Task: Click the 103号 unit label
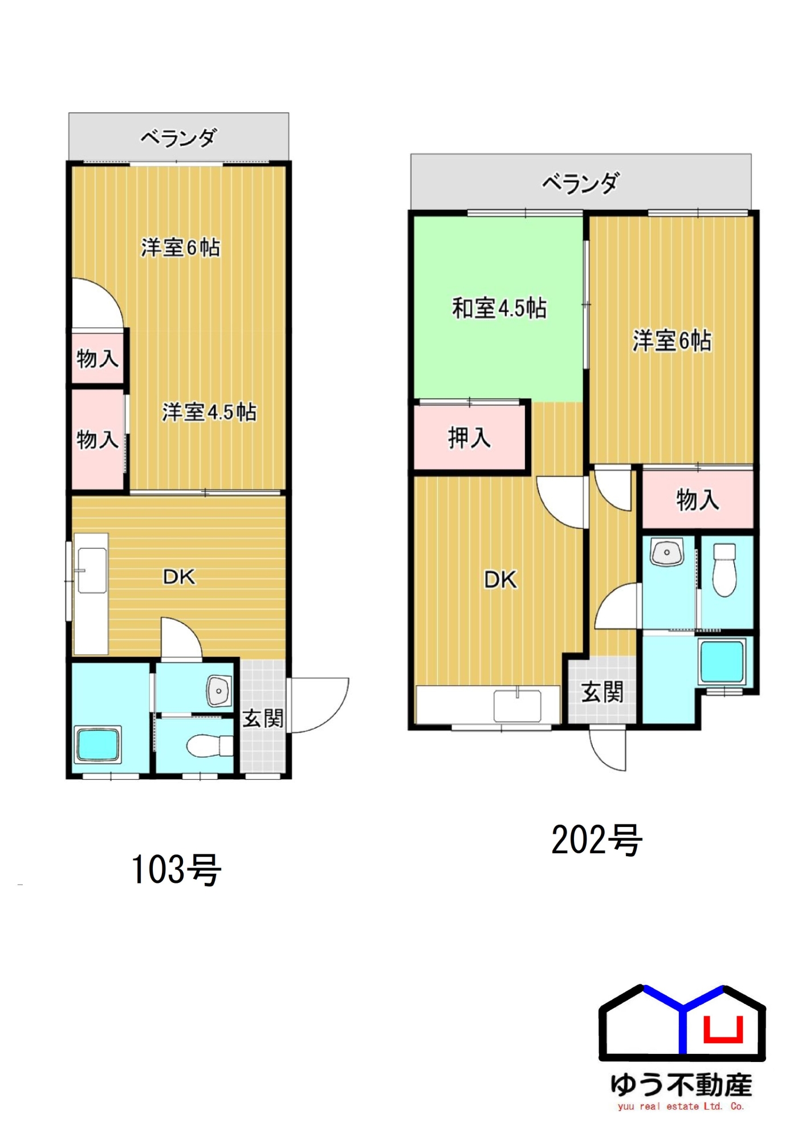pyautogui.click(x=176, y=869)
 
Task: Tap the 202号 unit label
pyautogui.click(x=597, y=840)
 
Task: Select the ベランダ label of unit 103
pyautogui.click(x=179, y=137)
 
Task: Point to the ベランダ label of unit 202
pyautogui.click(x=580, y=184)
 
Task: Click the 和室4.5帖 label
pyautogui.click(x=499, y=308)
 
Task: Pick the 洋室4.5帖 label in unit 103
pyautogui.click(x=209, y=412)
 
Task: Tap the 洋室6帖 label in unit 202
pyautogui.click(x=672, y=341)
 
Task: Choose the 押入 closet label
pyautogui.click(x=469, y=438)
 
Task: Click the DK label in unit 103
pyautogui.click(x=179, y=577)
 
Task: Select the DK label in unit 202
pyautogui.click(x=500, y=580)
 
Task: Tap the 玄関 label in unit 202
pyautogui.click(x=603, y=692)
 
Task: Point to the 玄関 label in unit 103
pyautogui.click(x=263, y=718)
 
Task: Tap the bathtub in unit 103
pyautogui.click(x=97, y=744)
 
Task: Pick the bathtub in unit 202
pyautogui.click(x=722, y=662)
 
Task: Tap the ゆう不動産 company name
pyautogui.click(x=681, y=1085)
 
